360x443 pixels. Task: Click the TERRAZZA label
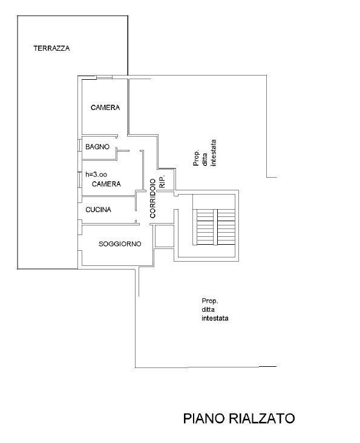tap(51, 48)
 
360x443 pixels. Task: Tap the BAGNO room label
tap(97, 147)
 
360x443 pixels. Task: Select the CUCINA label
tap(98, 210)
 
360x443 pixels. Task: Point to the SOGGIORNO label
tap(120, 244)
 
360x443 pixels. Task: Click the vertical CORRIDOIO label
tap(152, 198)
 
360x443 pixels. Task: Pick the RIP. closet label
tap(162, 181)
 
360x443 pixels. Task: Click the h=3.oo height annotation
tap(96, 175)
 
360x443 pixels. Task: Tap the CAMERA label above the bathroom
tap(105, 108)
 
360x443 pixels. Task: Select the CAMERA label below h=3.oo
tap(106, 184)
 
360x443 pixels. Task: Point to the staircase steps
tap(214, 227)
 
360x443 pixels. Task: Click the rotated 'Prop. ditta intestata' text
tap(205, 153)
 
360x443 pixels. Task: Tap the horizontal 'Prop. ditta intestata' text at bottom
tap(215, 309)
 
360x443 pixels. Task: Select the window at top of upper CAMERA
tap(104, 77)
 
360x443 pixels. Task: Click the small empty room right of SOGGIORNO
tap(163, 236)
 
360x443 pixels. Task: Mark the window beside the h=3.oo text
tap(80, 179)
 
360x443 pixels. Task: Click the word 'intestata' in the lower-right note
tap(215, 319)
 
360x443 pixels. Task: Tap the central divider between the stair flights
tap(215, 227)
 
